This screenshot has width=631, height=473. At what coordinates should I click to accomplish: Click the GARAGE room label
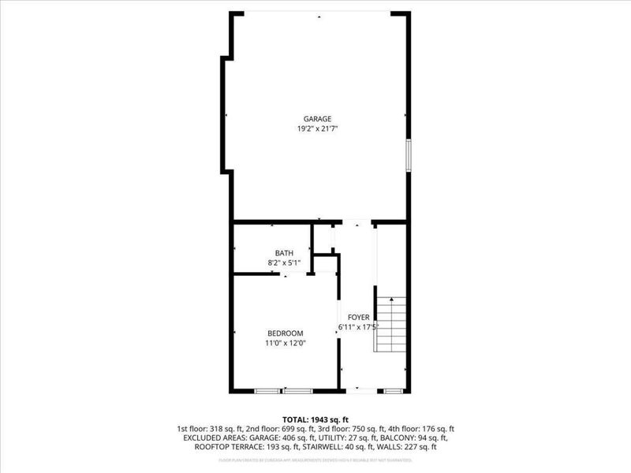(319, 119)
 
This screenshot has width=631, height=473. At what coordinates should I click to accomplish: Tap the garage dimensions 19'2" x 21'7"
(319, 128)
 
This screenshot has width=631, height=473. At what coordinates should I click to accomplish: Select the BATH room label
(284, 253)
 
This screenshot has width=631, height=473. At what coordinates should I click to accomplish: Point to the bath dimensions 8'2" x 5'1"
(284, 263)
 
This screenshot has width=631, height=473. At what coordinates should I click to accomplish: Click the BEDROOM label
(285, 333)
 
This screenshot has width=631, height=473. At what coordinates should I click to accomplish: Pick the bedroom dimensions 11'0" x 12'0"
(285, 343)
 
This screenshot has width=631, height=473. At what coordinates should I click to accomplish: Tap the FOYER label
(359, 317)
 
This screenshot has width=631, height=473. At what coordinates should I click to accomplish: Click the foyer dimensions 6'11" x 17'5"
(359, 326)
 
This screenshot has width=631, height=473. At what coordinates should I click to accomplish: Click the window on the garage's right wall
(409, 154)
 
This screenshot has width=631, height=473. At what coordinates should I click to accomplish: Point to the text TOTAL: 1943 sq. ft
(315, 419)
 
